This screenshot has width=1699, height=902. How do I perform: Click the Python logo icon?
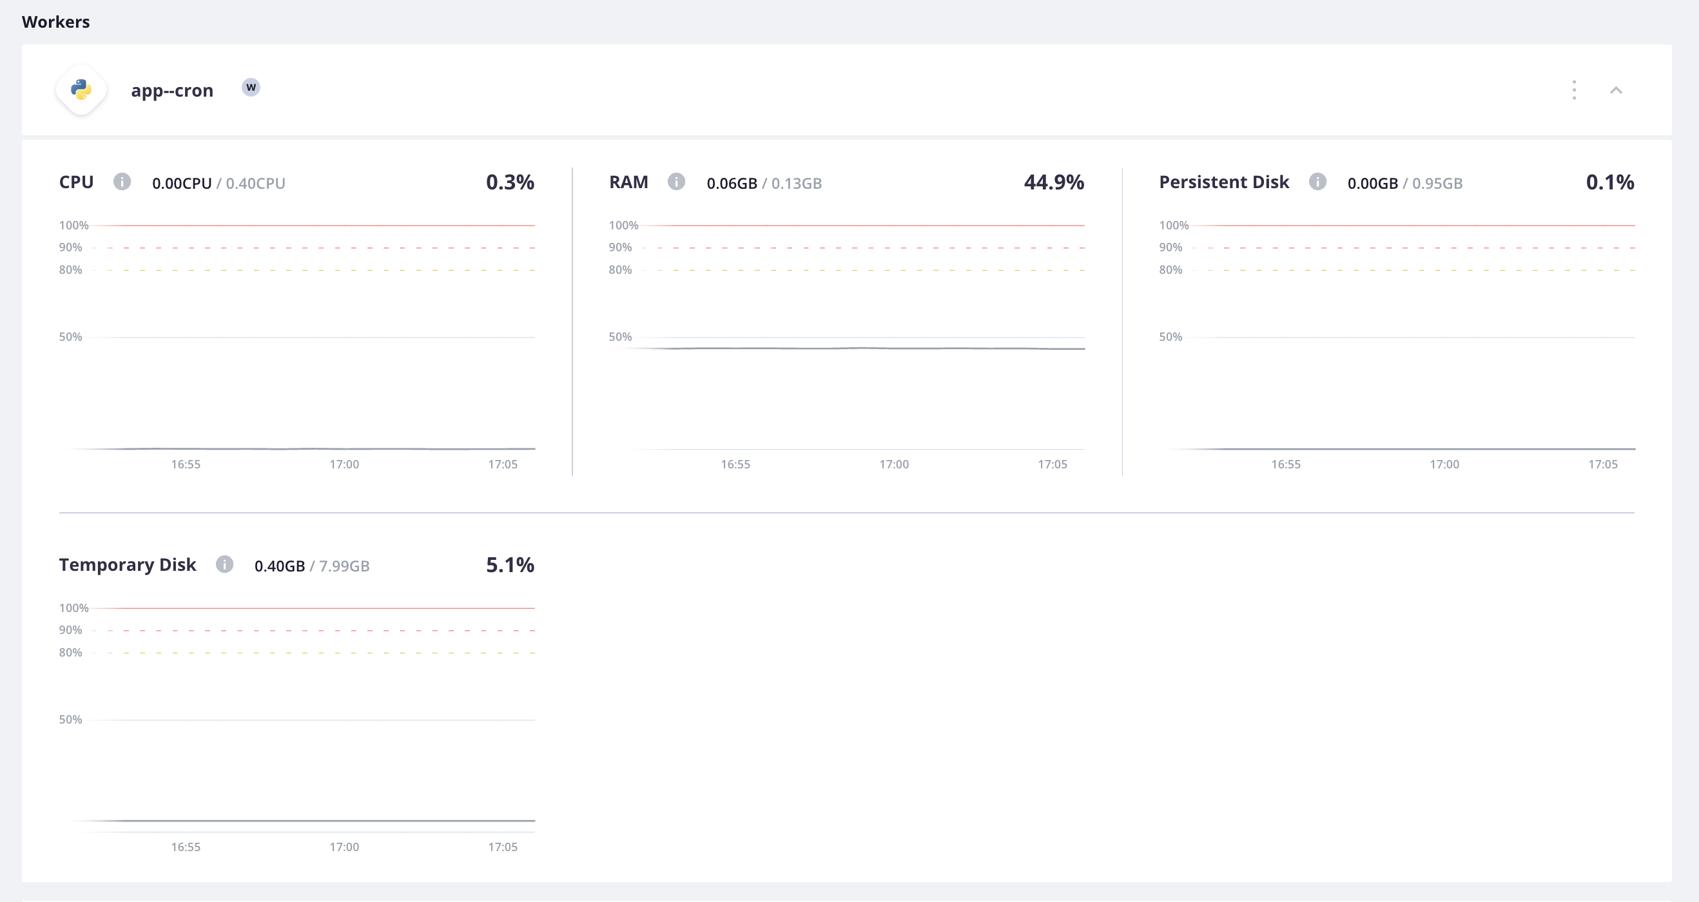81,90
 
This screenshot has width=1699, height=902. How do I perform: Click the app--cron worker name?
172,90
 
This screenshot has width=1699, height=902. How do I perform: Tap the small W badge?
251,87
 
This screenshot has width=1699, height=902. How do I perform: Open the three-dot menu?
1575,90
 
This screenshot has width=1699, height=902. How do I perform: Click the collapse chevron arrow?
1616,90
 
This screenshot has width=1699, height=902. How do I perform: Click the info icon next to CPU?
122,181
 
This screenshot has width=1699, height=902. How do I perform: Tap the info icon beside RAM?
676,181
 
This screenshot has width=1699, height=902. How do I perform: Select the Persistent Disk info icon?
1317,181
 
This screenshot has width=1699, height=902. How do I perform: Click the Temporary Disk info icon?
224,564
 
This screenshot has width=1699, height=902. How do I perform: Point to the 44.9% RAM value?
1053,182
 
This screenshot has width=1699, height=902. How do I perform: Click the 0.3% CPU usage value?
510,182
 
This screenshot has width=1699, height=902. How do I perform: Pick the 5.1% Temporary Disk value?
510,565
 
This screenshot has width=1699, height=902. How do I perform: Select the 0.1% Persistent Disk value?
1609,182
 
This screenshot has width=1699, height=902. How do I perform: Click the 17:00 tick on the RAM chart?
894,464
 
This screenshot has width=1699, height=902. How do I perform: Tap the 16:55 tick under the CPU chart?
186,464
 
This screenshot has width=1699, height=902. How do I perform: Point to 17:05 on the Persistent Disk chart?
1603,464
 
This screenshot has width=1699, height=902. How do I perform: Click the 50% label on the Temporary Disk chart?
70,720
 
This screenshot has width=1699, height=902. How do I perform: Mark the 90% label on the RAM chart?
620,247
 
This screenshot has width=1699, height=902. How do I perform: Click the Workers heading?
56,22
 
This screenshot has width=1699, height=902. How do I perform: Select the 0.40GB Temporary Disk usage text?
280,566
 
